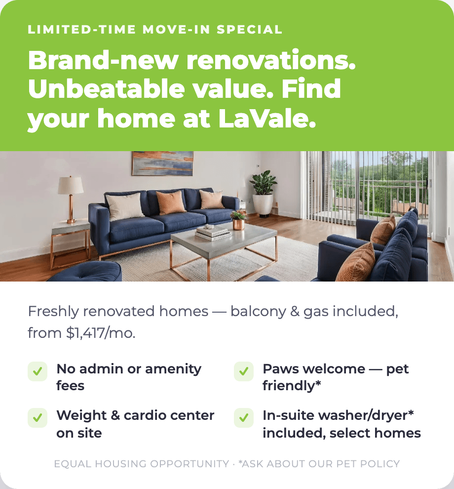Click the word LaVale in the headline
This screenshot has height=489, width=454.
[267, 119]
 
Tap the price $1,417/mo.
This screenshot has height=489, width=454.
[101, 333]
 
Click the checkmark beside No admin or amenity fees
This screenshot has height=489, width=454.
[38, 371]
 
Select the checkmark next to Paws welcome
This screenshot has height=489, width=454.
[244, 371]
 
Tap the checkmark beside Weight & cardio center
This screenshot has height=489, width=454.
[38, 417]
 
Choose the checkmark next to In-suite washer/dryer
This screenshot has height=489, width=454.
[244, 417]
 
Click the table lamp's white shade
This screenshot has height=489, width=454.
[71, 185]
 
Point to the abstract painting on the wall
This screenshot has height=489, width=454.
[162, 163]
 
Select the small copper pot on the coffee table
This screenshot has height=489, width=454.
[238, 224]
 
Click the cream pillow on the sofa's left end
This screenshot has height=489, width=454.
[124, 206]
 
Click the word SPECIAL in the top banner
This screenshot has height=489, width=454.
[250, 29]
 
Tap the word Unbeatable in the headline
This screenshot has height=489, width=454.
[106, 89]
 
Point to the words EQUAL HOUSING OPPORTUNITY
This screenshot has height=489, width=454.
[142, 464]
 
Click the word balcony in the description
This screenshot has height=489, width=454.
[258, 312]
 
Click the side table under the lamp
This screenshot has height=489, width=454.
[71, 243]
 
